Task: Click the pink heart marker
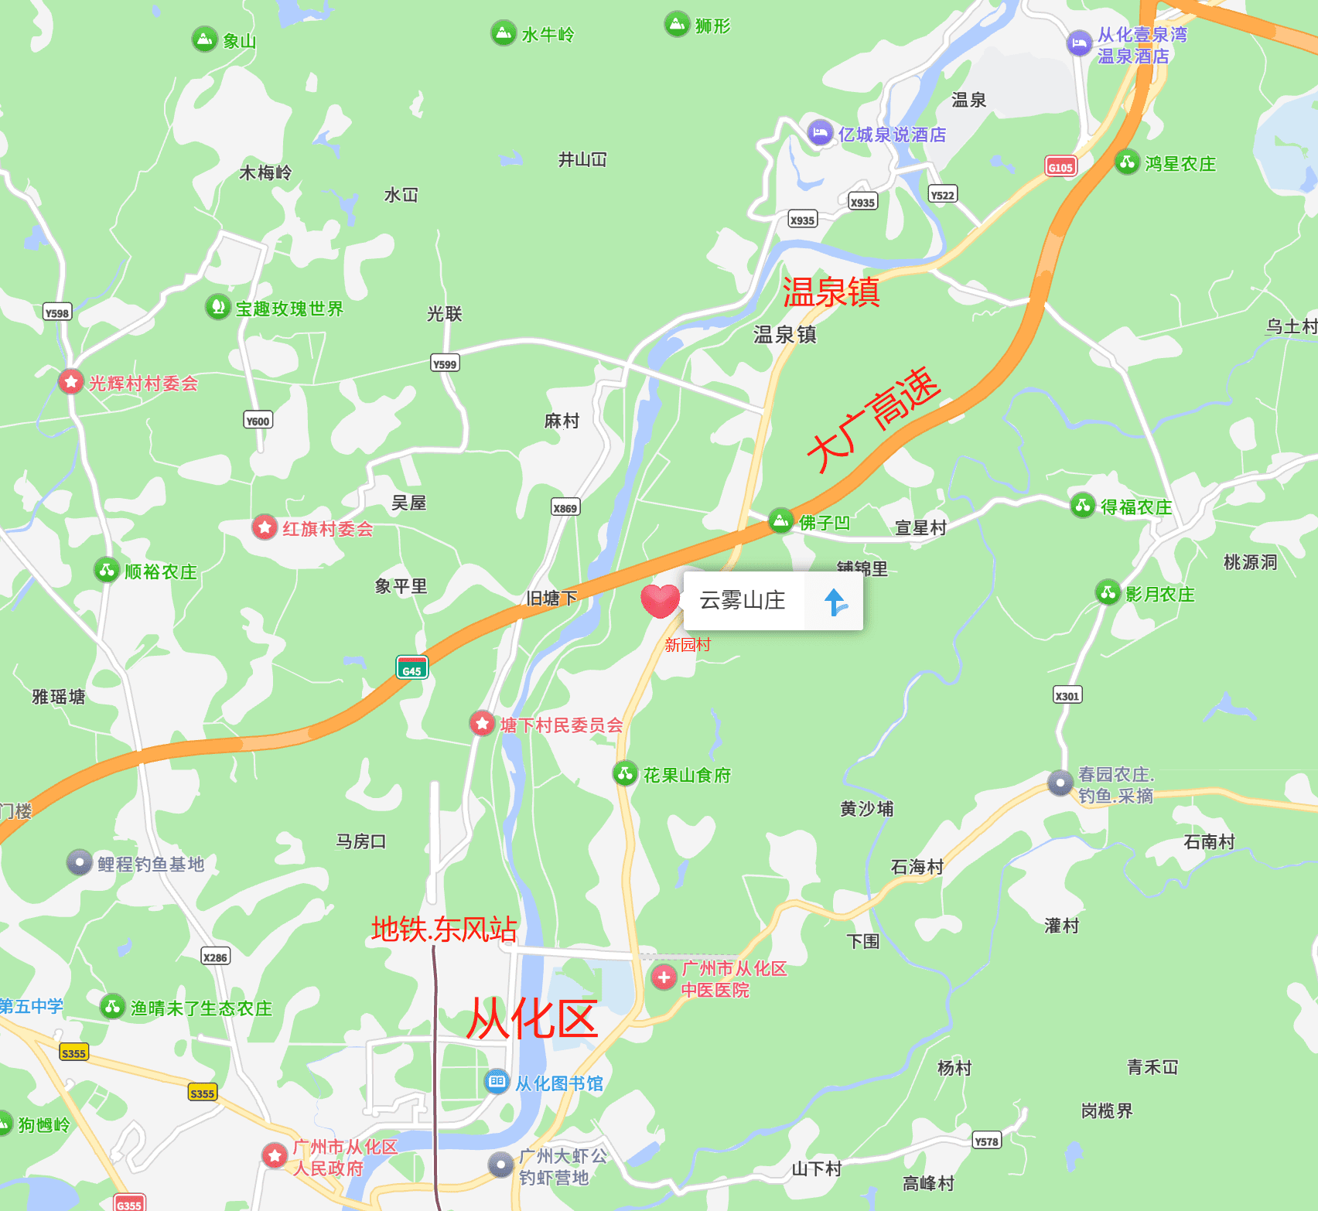pyautogui.click(x=660, y=601)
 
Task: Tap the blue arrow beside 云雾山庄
pyautogui.click(x=834, y=601)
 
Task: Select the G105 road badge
pyautogui.click(x=1060, y=166)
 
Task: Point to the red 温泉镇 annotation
pyautogui.click(x=831, y=292)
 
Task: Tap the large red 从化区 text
pyautogui.click(x=532, y=1018)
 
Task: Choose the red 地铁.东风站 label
pyautogui.click(x=444, y=929)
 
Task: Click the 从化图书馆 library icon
pyautogui.click(x=496, y=1081)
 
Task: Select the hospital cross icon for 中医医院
pyautogui.click(x=664, y=977)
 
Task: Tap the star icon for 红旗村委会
pyautogui.click(x=265, y=527)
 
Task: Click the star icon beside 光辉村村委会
pyautogui.click(x=71, y=381)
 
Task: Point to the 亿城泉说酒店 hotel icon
pyautogui.click(x=820, y=133)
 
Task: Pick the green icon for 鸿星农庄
pyautogui.click(x=1127, y=162)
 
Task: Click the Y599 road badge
pyautogui.click(x=445, y=363)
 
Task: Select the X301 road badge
pyautogui.click(x=1067, y=695)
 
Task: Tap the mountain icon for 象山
pyautogui.click(x=204, y=39)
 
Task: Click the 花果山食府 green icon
pyautogui.click(x=625, y=773)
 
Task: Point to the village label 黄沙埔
pyautogui.click(x=866, y=809)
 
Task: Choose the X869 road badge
pyautogui.click(x=565, y=507)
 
